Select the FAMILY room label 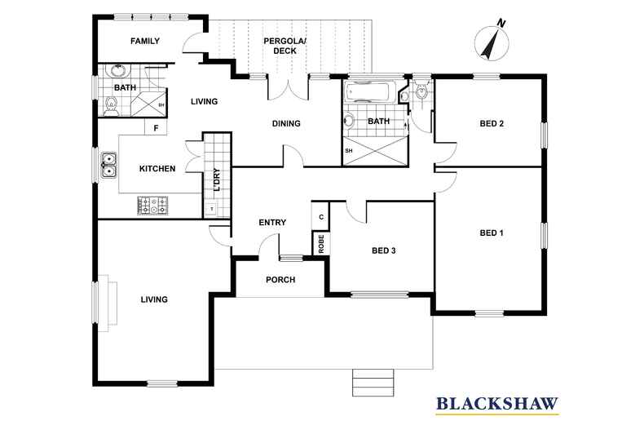(x=145, y=41)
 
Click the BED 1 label (x=491, y=233)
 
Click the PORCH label (x=280, y=280)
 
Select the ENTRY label (x=271, y=223)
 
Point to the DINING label (x=286, y=124)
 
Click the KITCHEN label (x=157, y=169)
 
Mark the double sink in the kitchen (x=109, y=165)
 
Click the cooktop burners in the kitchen (x=152, y=205)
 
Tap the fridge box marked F (x=155, y=128)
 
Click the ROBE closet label (x=321, y=242)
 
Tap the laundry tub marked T (x=212, y=210)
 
